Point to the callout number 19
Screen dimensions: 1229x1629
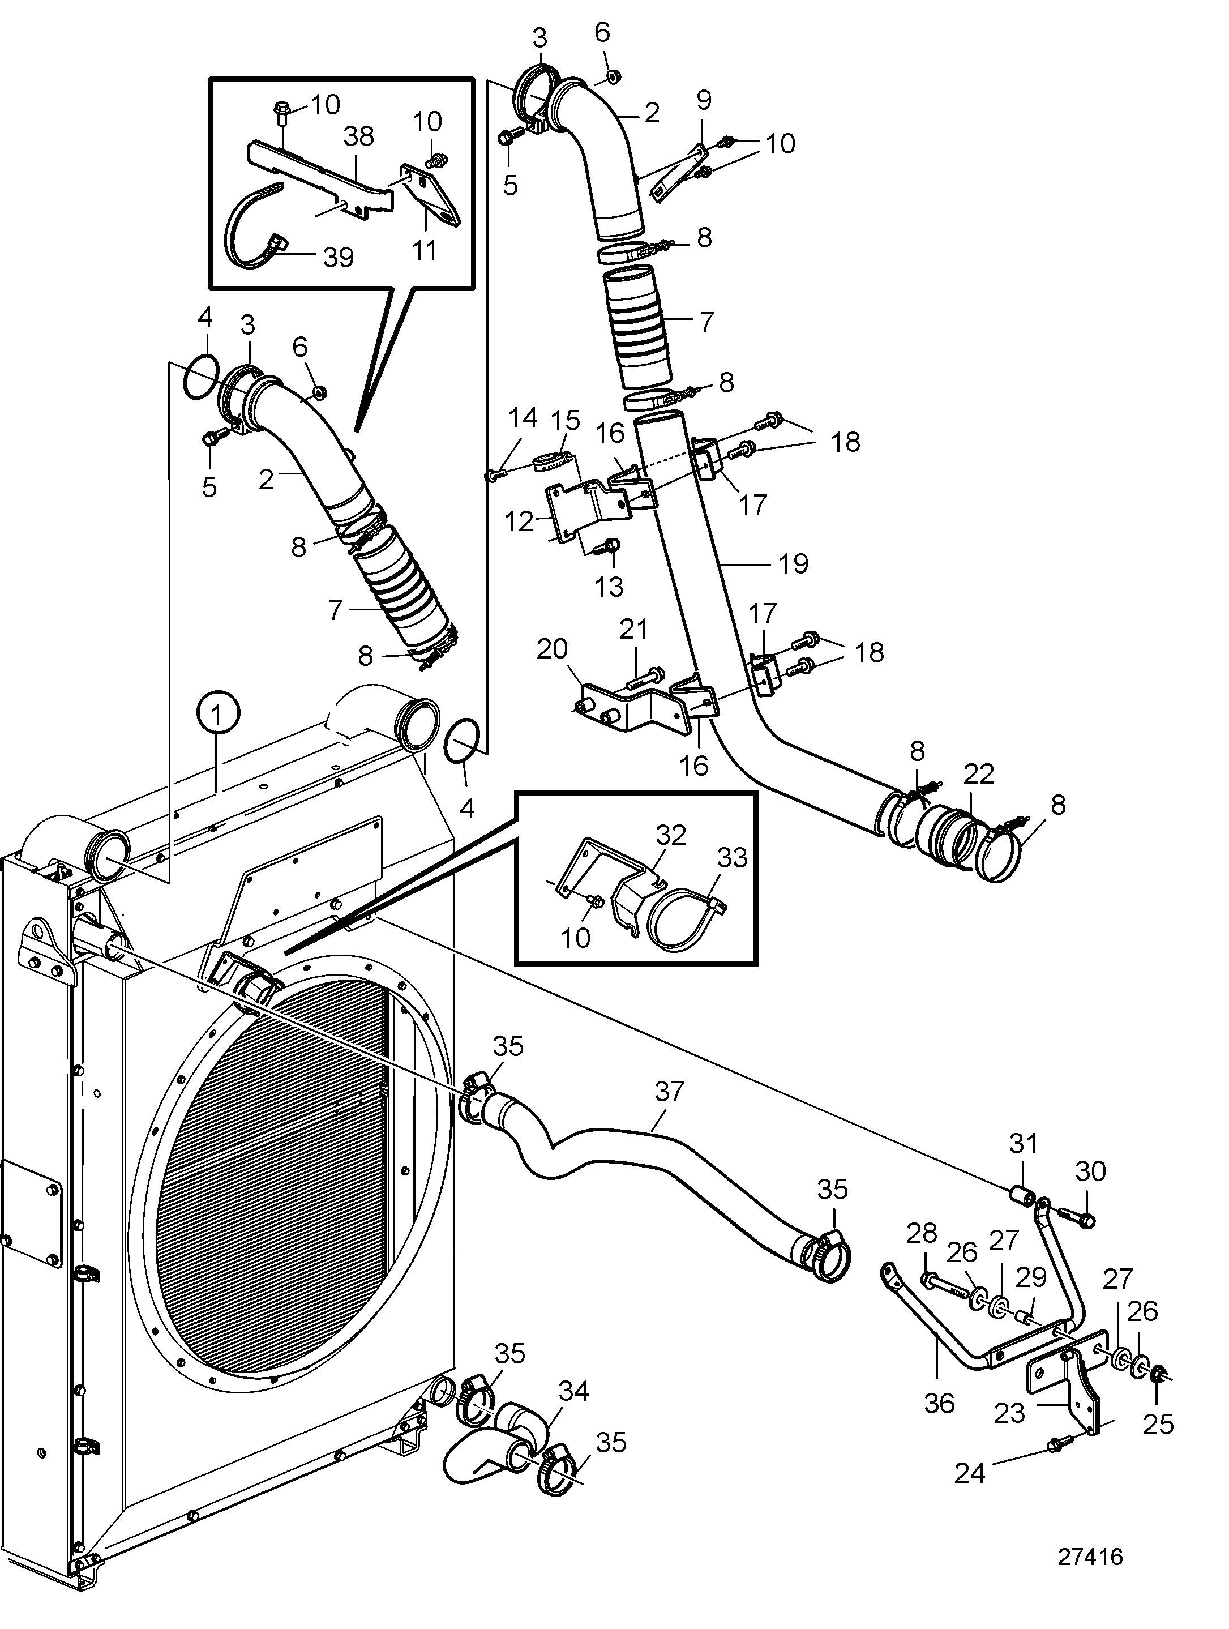[x=793, y=563]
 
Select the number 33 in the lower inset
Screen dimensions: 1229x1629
[x=732, y=857]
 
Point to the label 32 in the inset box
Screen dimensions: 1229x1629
[x=670, y=835]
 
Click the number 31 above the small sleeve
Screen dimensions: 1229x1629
[x=1023, y=1144]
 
